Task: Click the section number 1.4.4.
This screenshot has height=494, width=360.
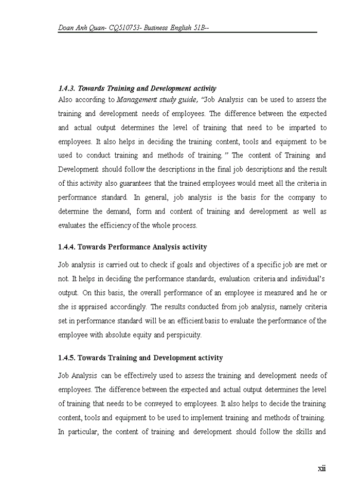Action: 67,247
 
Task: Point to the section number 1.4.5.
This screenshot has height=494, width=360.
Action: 67,358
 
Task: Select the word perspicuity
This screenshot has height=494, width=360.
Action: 184,335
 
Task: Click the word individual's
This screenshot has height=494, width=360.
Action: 307,279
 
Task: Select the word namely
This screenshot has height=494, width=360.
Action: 279,307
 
